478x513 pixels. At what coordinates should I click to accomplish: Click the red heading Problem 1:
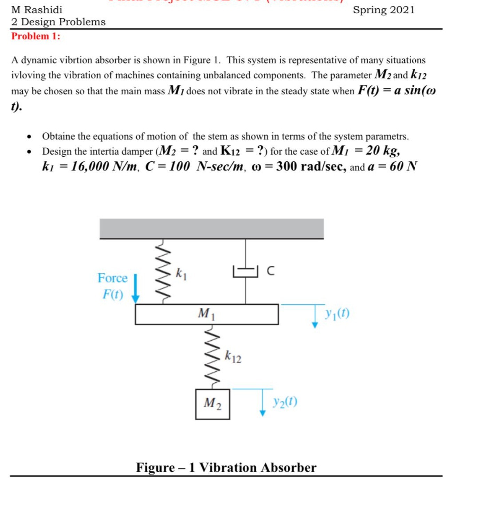tap(36, 36)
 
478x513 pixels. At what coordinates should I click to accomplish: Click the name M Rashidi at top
tap(37, 10)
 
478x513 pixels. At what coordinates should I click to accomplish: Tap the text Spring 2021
tap(384, 10)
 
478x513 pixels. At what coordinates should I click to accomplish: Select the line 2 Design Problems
tap(58, 22)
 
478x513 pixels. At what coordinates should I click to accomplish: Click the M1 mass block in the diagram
tap(207, 314)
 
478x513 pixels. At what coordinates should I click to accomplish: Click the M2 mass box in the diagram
tap(213, 404)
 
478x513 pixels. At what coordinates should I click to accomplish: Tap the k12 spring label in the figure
tap(233, 357)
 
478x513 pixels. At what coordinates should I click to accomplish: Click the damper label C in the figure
tap(270, 271)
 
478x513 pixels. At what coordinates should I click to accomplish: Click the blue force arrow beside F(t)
tap(136, 288)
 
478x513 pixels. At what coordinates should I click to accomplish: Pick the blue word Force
tap(112, 278)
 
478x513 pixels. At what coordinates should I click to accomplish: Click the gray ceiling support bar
tap(211, 228)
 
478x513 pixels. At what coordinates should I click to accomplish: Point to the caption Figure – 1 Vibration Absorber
tap(226, 467)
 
